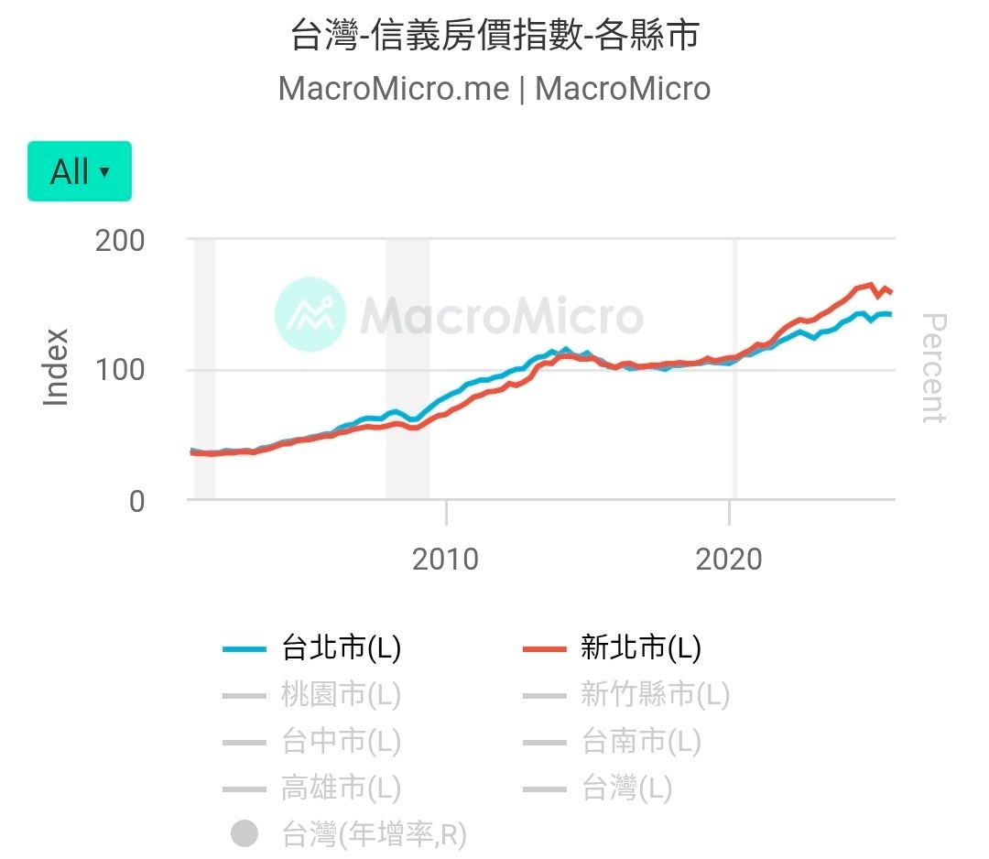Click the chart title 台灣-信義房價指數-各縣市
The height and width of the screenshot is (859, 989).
[x=494, y=35]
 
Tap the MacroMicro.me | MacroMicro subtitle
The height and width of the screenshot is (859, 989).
[x=494, y=89]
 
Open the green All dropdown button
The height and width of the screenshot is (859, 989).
[x=80, y=171]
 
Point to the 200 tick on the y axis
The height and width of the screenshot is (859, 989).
[x=120, y=241]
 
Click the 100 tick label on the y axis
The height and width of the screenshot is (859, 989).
[x=120, y=371]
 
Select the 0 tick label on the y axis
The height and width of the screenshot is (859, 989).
[x=136, y=502]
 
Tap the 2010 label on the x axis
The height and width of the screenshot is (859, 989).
[x=445, y=559]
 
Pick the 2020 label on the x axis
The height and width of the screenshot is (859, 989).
[x=729, y=559]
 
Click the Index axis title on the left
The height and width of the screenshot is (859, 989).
[x=57, y=366]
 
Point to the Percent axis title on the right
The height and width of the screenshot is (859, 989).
[x=932, y=368]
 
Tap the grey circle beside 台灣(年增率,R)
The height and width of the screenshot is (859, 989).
[x=245, y=834]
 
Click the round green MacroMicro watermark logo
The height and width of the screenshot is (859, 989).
[x=310, y=314]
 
